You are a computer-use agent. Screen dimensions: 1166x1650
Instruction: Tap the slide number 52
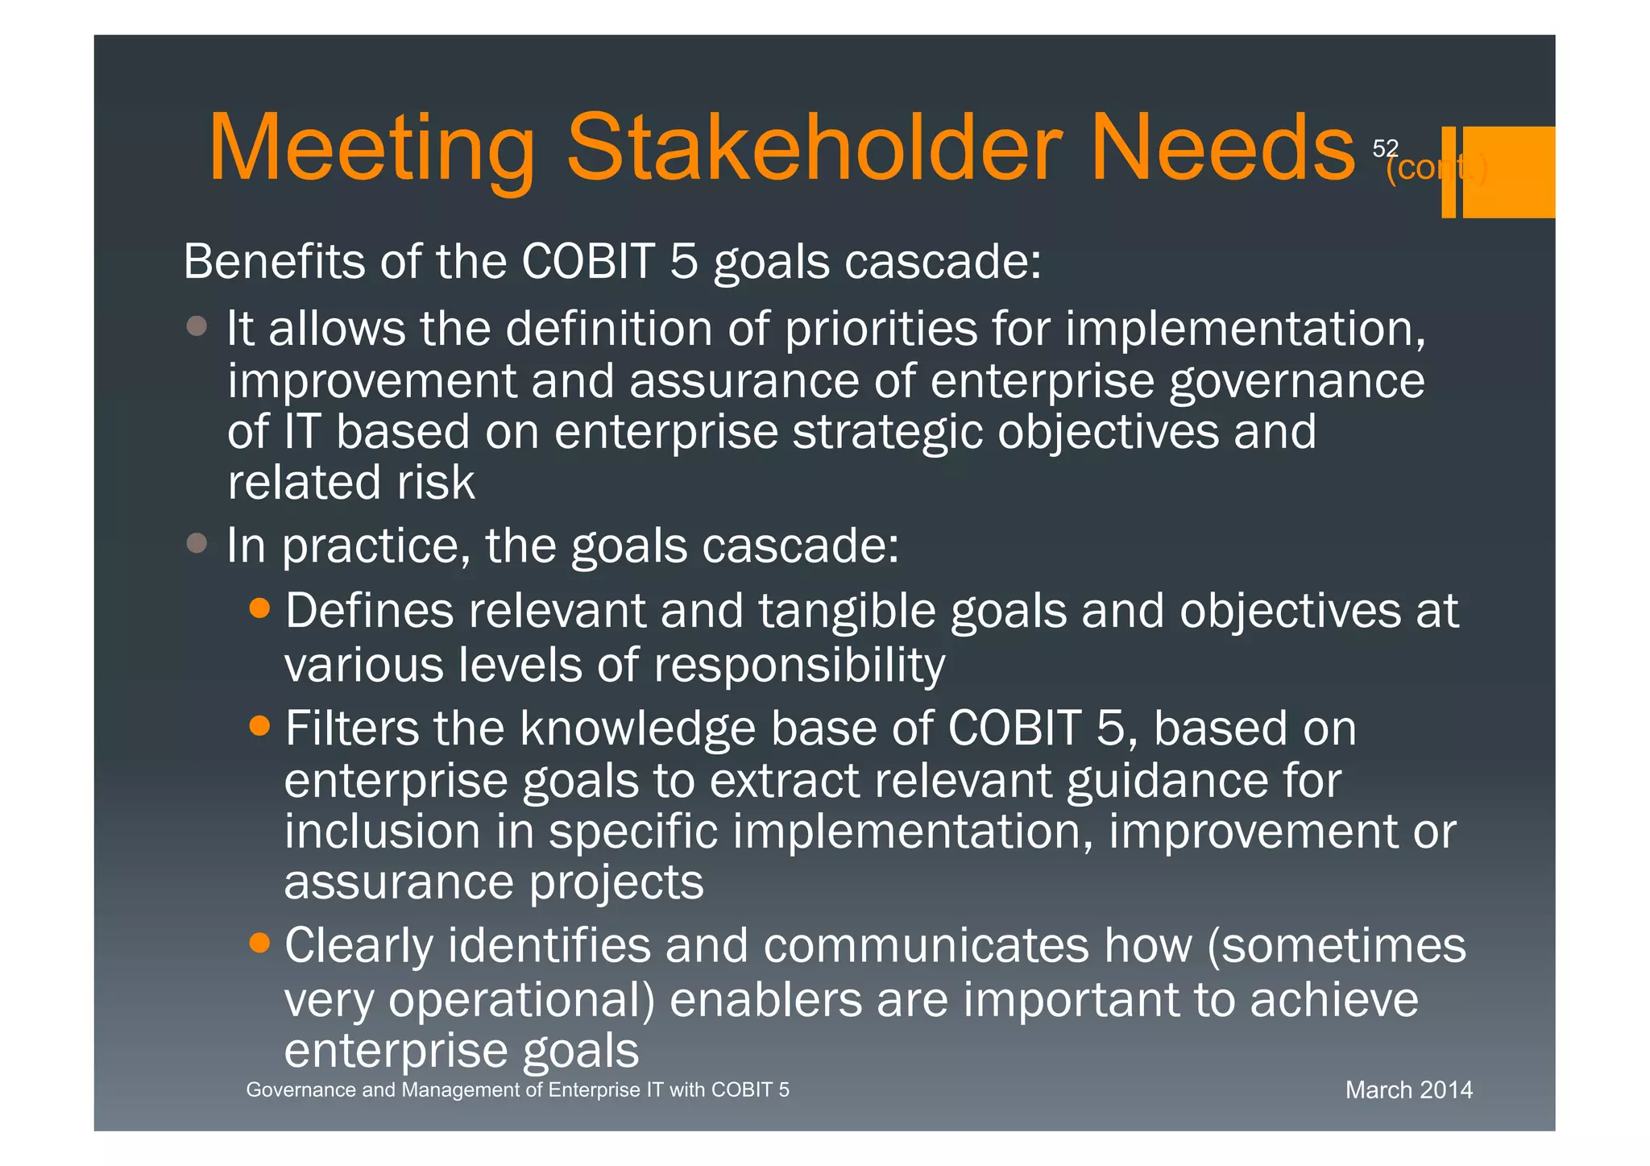tap(1385, 148)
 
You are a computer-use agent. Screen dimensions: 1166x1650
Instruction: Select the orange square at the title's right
tap(1508, 172)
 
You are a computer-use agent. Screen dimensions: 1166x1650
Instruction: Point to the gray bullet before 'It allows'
tap(197, 326)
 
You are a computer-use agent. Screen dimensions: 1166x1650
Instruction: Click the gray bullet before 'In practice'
tap(197, 543)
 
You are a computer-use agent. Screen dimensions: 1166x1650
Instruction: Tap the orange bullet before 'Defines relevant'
tap(259, 608)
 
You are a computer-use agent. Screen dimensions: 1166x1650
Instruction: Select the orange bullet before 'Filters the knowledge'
tap(259, 726)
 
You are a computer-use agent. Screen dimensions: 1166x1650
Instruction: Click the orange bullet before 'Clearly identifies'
tap(259, 942)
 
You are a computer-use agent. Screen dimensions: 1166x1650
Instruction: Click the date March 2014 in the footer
tap(1408, 1090)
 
